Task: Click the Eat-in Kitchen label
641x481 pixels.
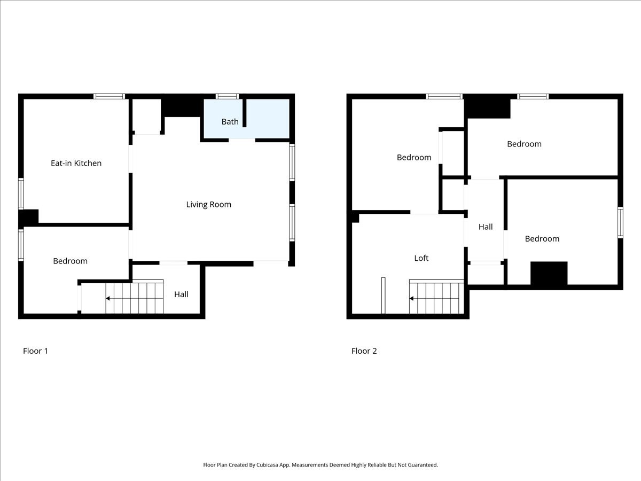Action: (76, 163)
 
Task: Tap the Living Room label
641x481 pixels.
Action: (208, 204)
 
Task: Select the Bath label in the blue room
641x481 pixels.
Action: (230, 122)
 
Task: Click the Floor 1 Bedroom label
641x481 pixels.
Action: (70, 261)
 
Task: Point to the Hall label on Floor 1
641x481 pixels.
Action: (181, 294)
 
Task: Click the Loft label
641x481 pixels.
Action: (421, 258)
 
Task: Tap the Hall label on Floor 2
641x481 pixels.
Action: (486, 227)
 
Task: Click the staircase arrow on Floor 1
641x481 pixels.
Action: (108, 298)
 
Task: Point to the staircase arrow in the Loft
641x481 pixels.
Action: (412, 298)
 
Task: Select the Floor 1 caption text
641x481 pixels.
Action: (35, 351)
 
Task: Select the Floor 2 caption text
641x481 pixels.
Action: (364, 351)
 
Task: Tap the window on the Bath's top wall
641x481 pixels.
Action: (227, 96)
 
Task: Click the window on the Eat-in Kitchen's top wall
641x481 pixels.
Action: (109, 96)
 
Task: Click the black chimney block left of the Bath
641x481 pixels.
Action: (182, 106)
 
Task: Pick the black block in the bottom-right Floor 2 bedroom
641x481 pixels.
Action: (549, 274)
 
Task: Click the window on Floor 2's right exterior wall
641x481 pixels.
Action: (620, 222)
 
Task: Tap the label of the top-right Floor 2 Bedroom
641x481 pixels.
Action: (524, 144)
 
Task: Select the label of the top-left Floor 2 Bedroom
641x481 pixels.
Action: (413, 157)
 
